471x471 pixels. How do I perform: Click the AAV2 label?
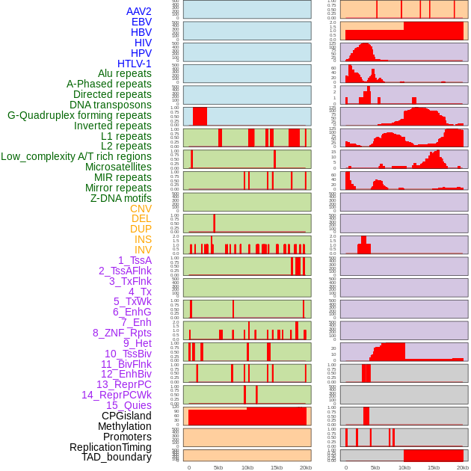pos(138,11)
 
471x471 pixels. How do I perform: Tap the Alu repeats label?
pos(124,74)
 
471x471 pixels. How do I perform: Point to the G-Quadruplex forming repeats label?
pos(79,115)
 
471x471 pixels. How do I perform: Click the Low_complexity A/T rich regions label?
pos(76,156)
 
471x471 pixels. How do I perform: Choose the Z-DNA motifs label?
pos(120,198)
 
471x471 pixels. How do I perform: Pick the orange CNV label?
pos(141,209)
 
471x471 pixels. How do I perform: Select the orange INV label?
pos(143,250)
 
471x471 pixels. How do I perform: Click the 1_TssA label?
pos(135,260)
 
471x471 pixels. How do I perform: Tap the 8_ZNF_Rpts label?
pos(122,333)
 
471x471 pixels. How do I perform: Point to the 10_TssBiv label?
pos(128,354)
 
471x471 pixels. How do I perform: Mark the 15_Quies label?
pos(129,405)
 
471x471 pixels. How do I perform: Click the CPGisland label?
pos(126,416)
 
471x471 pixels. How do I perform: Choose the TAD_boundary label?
pos(117,457)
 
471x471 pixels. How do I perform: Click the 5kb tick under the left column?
pos(218,467)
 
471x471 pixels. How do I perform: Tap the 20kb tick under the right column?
pos(463,467)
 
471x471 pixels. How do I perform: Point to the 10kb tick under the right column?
pos(404,467)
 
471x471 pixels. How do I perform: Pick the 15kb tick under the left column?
pos(277,467)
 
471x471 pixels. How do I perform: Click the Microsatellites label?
pos(118,167)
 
